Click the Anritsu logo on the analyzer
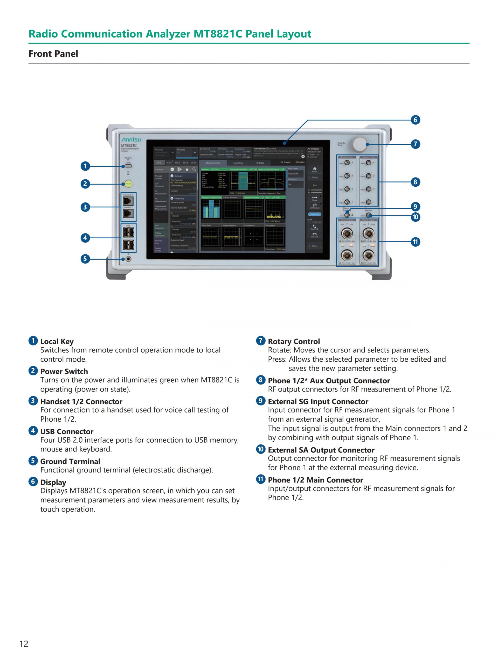[x=131, y=140]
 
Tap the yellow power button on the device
[x=128, y=184]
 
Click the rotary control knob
[x=359, y=144]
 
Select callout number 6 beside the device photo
[x=415, y=120]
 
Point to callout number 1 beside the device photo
[x=85, y=166]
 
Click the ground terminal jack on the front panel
[x=128, y=259]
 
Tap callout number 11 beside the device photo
[x=415, y=241]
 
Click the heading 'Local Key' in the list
[x=57, y=341]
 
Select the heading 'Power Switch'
[x=64, y=371]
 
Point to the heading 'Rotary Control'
[x=294, y=341]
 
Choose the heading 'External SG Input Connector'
[x=318, y=401]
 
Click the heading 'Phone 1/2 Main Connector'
[x=315, y=480]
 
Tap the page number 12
[x=24, y=644]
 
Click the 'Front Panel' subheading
[x=53, y=54]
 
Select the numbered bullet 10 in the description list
[x=261, y=449]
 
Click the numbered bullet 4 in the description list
[x=33, y=431]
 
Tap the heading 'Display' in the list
[x=53, y=482]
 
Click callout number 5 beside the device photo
[x=85, y=259]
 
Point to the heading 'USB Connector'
[x=67, y=431]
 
